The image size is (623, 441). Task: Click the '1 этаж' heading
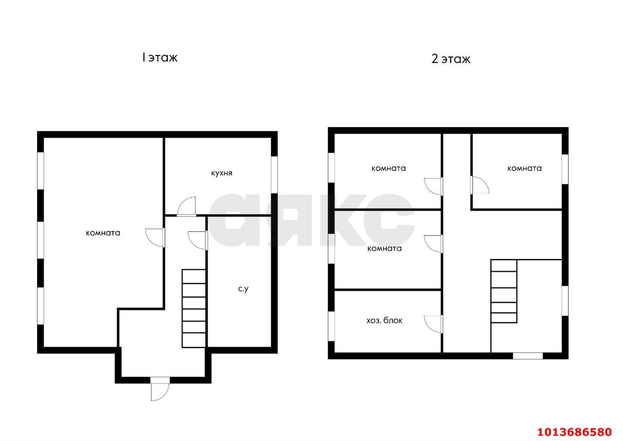click(160, 58)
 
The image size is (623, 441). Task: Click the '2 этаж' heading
click(451, 59)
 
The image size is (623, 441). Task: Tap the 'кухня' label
click(221, 173)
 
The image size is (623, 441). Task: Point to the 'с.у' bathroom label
click(243, 289)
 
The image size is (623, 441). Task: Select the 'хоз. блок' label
click(385, 320)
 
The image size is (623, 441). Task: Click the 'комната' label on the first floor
click(103, 233)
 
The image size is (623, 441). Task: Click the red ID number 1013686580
click(574, 432)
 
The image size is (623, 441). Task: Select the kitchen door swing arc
click(186, 206)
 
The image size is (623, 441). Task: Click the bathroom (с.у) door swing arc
click(198, 241)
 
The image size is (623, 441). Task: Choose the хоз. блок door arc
click(433, 324)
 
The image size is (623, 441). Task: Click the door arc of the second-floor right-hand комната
click(479, 185)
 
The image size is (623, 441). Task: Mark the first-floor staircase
click(194, 308)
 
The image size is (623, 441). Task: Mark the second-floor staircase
click(504, 291)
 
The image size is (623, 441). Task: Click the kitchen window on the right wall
click(274, 175)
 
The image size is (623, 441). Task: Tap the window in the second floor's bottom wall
click(528, 356)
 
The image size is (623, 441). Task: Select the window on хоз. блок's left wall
click(331, 326)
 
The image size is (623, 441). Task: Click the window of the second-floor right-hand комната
click(565, 169)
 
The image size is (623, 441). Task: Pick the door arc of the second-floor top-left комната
click(433, 186)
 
